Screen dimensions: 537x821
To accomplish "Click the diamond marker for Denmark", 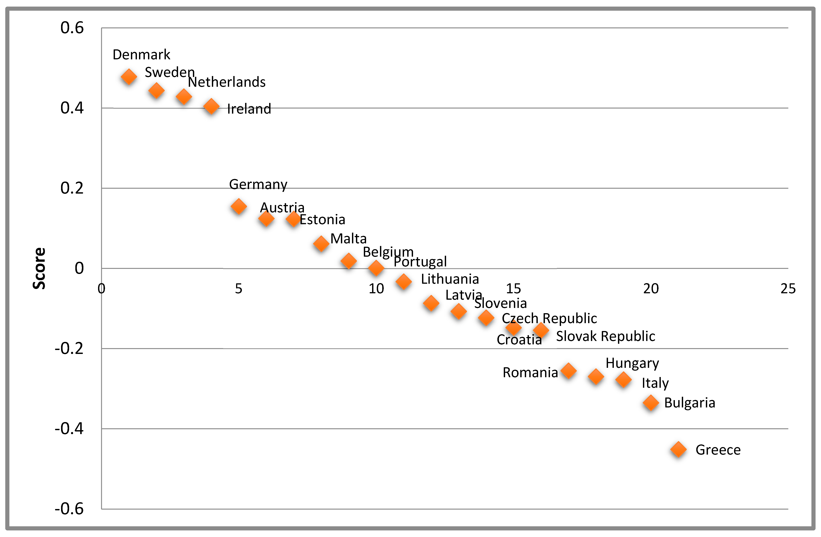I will [129, 77].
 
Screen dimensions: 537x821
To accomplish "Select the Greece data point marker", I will [678, 449].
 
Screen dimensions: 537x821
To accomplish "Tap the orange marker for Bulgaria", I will [651, 403].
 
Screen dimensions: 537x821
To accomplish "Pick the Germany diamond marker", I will [238, 206].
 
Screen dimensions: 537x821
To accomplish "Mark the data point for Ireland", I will [211, 107].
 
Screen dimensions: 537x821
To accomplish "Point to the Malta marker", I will [321, 244].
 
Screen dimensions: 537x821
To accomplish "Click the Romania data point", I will [568, 371].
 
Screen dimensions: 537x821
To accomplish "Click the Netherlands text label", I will [227, 82].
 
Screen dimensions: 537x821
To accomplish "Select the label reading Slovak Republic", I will [605, 336].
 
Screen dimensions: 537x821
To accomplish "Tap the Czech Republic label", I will [549, 318].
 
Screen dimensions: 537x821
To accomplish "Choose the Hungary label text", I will [632, 363].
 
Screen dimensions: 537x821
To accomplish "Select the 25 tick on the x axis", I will [788, 289].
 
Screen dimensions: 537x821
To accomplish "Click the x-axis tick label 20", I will [651, 289].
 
